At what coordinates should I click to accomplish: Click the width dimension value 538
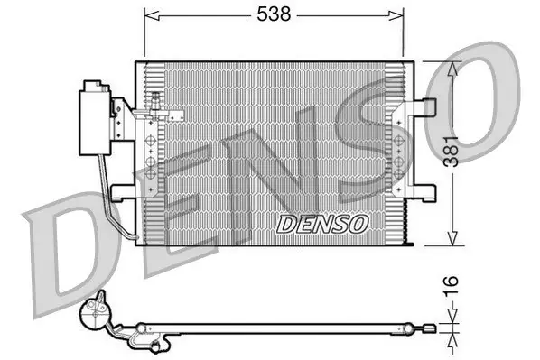[x=274, y=14]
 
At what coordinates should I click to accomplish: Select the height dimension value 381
[x=452, y=152]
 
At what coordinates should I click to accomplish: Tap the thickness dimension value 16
[x=452, y=286]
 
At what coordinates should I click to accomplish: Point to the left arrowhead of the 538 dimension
[x=152, y=15]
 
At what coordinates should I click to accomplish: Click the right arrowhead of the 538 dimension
[x=396, y=15]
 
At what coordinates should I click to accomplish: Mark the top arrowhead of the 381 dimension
[x=452, y=69]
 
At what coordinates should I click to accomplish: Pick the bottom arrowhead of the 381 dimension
[x=452, y=238]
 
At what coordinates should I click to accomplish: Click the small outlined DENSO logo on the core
[x=322, y=224]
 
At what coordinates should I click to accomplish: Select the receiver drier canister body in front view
[x=95, y=123]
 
